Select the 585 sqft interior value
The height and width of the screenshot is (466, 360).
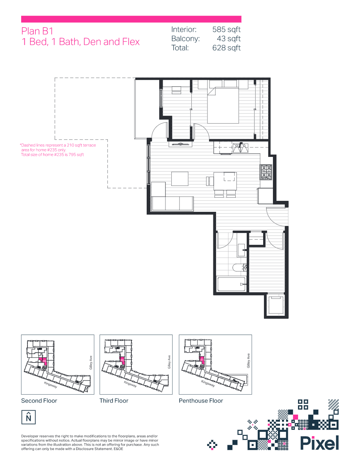pos(226,29)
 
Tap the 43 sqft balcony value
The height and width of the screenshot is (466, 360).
pos(229,38)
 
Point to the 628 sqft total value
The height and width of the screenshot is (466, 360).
pos(226,48)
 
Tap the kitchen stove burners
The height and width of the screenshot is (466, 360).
pos(266,172)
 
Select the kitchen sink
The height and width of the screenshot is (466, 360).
pos(240,147)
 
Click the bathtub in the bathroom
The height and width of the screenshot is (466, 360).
pos(231,284)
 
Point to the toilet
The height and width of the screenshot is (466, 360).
pos(239,268)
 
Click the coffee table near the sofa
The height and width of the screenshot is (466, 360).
pos(180,178)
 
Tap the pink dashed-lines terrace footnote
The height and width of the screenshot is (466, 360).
pos(58,150)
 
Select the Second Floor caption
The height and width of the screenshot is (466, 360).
pos(39,400)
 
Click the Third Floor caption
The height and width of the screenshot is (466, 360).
pos(114,400)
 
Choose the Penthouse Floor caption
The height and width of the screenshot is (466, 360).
pos(201,400)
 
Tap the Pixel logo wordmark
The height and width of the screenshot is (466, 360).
pos(320,443)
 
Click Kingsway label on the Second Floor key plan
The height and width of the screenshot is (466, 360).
pos(51,385)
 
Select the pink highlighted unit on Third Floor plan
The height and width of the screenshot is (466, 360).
pos(123,360)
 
